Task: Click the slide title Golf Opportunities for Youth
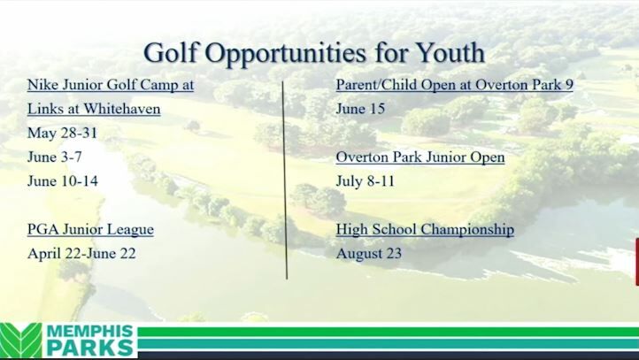[x=313, y=51]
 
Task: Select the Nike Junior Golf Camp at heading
[x=111, y=86]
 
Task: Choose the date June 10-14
[x=62, y=181]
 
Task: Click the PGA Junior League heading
[x=90, y=229]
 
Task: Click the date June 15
[x=360, y=110]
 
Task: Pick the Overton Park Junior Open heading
[x=420, y=157]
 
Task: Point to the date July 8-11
[x=364, y=181]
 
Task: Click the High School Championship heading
[x=425, y=229]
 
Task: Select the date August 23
[x=369, y=253]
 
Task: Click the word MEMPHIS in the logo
[x=91, y=332]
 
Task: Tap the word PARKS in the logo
[x=89, y=349]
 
